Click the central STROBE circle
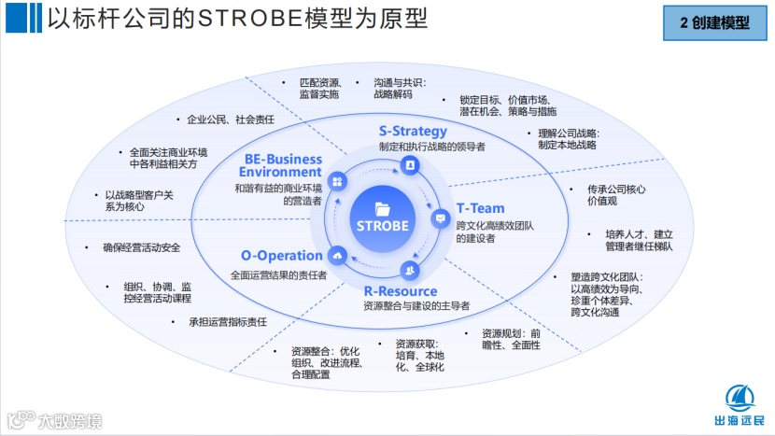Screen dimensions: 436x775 coord(382,219)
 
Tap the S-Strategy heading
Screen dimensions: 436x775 coord(413,131)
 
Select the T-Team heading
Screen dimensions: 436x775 coord(480,208)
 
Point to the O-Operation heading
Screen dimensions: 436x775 coord(282,256)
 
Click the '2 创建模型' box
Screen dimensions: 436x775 coord(714,21)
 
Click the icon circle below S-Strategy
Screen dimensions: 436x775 coord(409,164)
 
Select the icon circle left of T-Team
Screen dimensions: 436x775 coord(441,218)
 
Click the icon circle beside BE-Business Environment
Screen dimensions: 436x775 coord(338,181)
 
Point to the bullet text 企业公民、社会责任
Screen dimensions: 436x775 coord(230,120)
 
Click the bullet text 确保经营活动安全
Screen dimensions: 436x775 coord(142,248)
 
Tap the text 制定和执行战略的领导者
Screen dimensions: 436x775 coord(431,148)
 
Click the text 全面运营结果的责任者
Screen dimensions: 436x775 coord(278,275)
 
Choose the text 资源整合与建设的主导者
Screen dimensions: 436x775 coord(416,306)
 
